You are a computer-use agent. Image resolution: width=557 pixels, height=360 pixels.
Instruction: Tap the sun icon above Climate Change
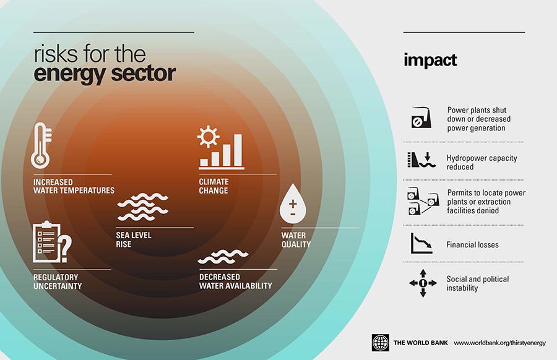(208, 136)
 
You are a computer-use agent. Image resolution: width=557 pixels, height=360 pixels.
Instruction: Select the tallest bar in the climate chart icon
(238, 150)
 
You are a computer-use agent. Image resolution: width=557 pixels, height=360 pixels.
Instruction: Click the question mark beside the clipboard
(65, 249)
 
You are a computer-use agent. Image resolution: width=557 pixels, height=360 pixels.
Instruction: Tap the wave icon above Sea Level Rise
(142, 207)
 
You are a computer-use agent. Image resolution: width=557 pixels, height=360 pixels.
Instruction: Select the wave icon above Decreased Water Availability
(223, 257)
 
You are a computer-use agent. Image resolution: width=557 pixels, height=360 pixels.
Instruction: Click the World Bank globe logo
(380, 343)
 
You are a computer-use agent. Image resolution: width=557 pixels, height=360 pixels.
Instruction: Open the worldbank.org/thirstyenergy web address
(500, 343)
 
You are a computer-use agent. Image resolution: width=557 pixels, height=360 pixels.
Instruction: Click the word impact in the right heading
(430, 61)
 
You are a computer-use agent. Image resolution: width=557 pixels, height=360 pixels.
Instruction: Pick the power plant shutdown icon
(421, 118)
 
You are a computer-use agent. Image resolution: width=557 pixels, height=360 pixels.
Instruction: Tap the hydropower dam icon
(421, 160)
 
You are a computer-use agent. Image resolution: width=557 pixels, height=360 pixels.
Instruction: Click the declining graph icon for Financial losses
(421, 243)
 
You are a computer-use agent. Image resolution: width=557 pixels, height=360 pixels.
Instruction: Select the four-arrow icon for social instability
(423, 283)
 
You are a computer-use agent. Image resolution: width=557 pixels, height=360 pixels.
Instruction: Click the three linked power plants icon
(423, 201)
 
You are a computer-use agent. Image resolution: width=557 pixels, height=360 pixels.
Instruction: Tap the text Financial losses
(472, 244)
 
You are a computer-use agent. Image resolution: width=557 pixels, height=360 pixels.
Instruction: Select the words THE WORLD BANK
(421, 343)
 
